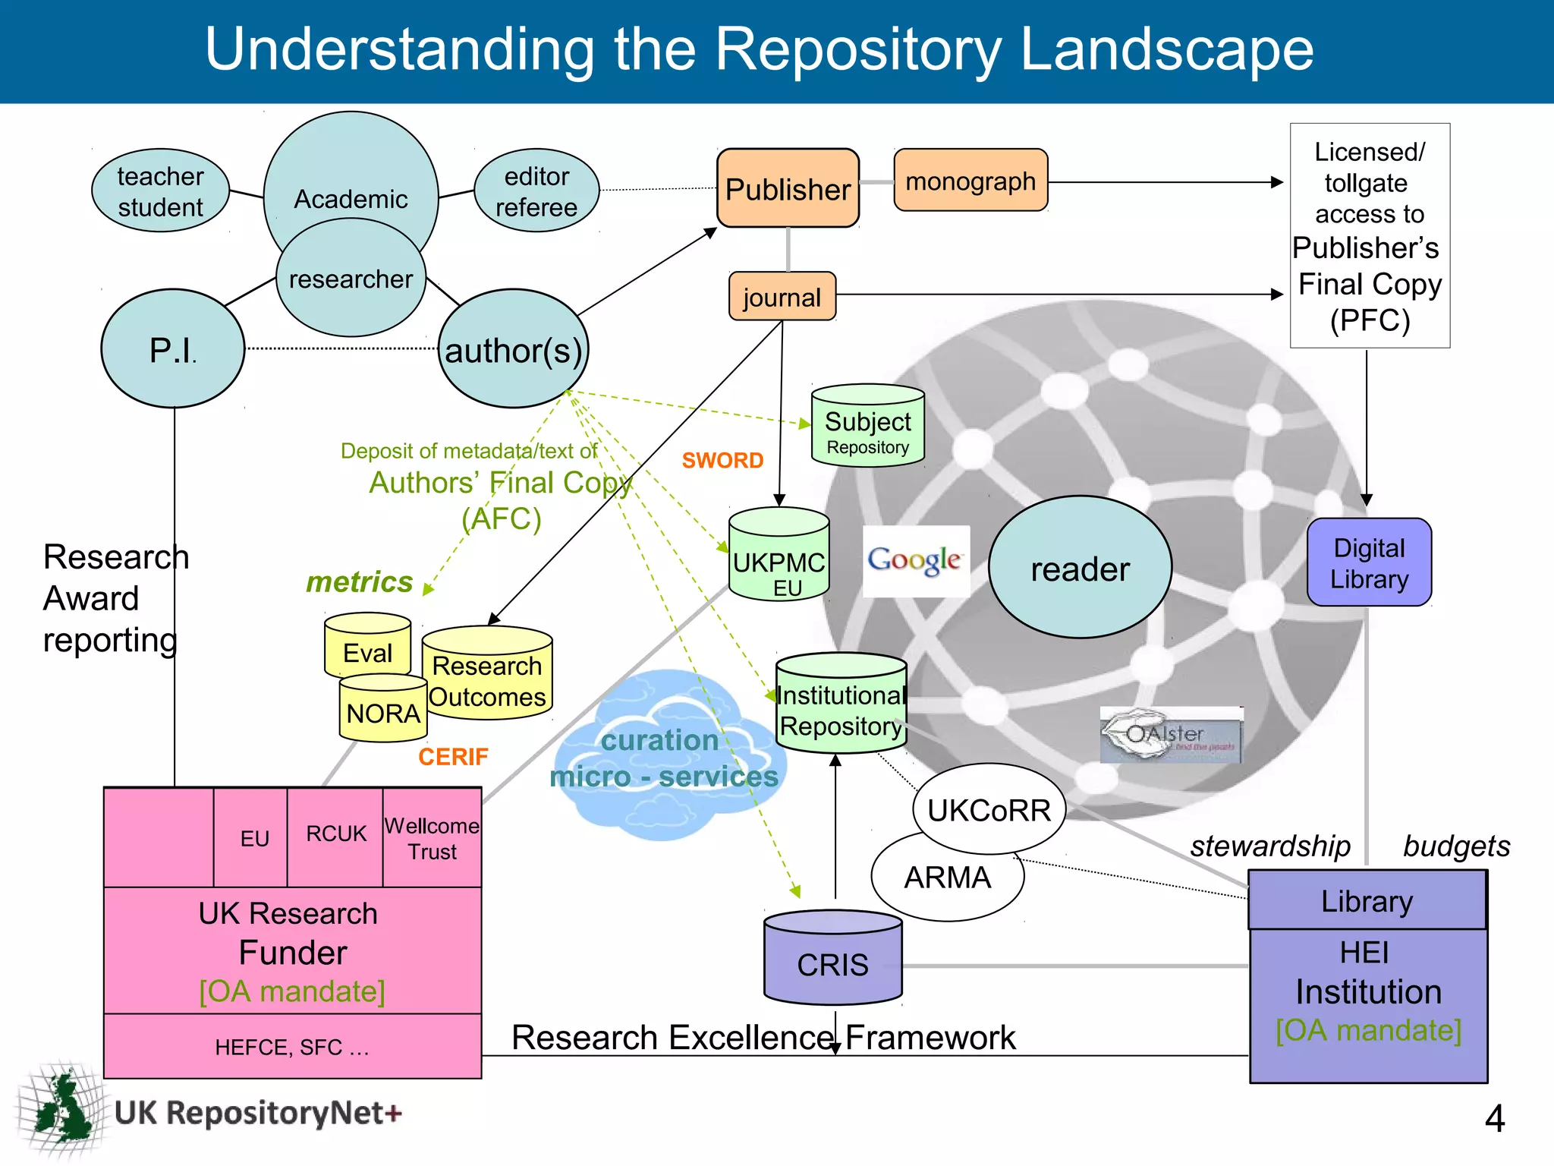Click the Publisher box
[788, 188]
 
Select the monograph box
[970, 181]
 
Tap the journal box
[782, 297]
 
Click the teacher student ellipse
[160, 191]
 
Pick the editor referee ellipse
[536, 191]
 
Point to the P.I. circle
[173, 349]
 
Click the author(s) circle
[514, 349]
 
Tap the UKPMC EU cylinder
[779, 558]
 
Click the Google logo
[916, 561]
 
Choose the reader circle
[1080, 568]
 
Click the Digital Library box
[1369, 563]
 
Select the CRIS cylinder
[832, 960]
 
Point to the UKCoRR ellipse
[989, 810]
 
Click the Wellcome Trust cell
[432, 837]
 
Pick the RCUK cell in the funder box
[335, 835]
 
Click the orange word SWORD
[722, 461]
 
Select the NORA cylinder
[383, 711]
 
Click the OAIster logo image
[1171, 735]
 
